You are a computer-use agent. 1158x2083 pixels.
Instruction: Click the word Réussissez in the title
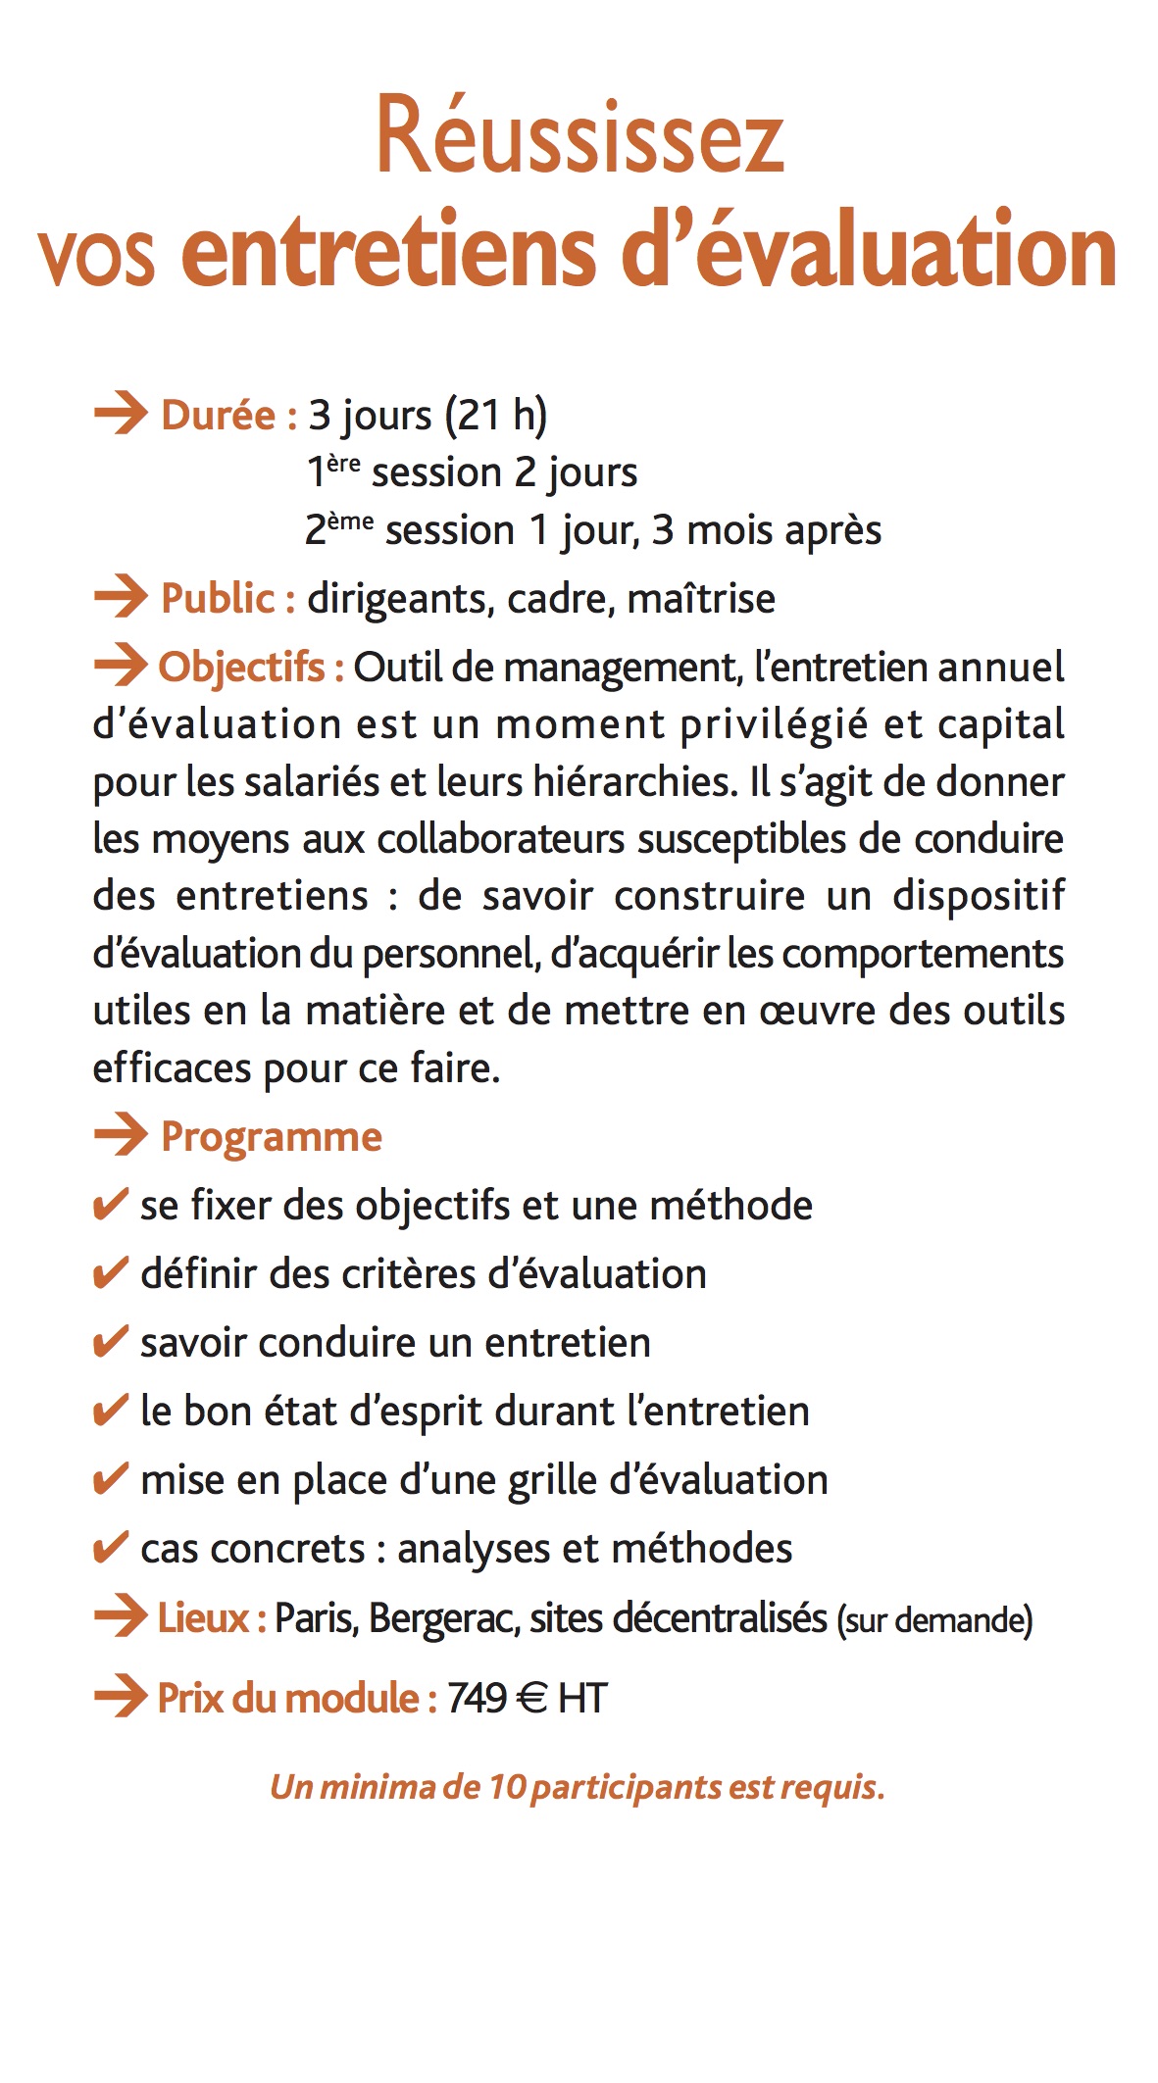tap(579, 137)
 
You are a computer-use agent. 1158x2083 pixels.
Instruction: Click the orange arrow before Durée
tap(120, 414)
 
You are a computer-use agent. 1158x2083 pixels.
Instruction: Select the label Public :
tap(227, 599)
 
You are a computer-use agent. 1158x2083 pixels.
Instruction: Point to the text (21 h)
tap(496, 415)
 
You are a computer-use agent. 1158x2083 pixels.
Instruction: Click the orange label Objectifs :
tap(250, 668)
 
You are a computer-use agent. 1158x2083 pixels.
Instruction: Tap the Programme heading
tap(271, 1137)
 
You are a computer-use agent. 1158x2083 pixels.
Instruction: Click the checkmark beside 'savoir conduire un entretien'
tap(109, 1341)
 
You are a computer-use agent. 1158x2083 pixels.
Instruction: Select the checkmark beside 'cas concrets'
tap(109, 1547)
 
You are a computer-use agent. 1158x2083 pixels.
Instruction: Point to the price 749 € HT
tap(528, 1698)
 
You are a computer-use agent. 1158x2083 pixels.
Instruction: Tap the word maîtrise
tap(701, 599)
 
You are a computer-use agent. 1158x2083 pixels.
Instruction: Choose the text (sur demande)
tap(934, 1620)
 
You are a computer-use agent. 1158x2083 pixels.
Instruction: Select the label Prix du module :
tap(297, 1698)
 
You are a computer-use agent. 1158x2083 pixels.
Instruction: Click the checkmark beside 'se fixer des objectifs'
tap(109, 1204)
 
